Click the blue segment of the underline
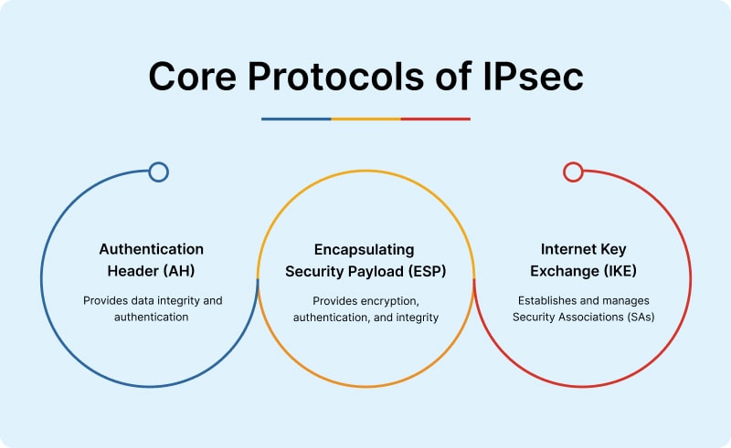click(296, 119)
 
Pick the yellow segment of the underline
click(365, 119)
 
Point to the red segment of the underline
click(435, 119)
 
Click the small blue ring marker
click(158, 172)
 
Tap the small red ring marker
click(573, 172)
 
